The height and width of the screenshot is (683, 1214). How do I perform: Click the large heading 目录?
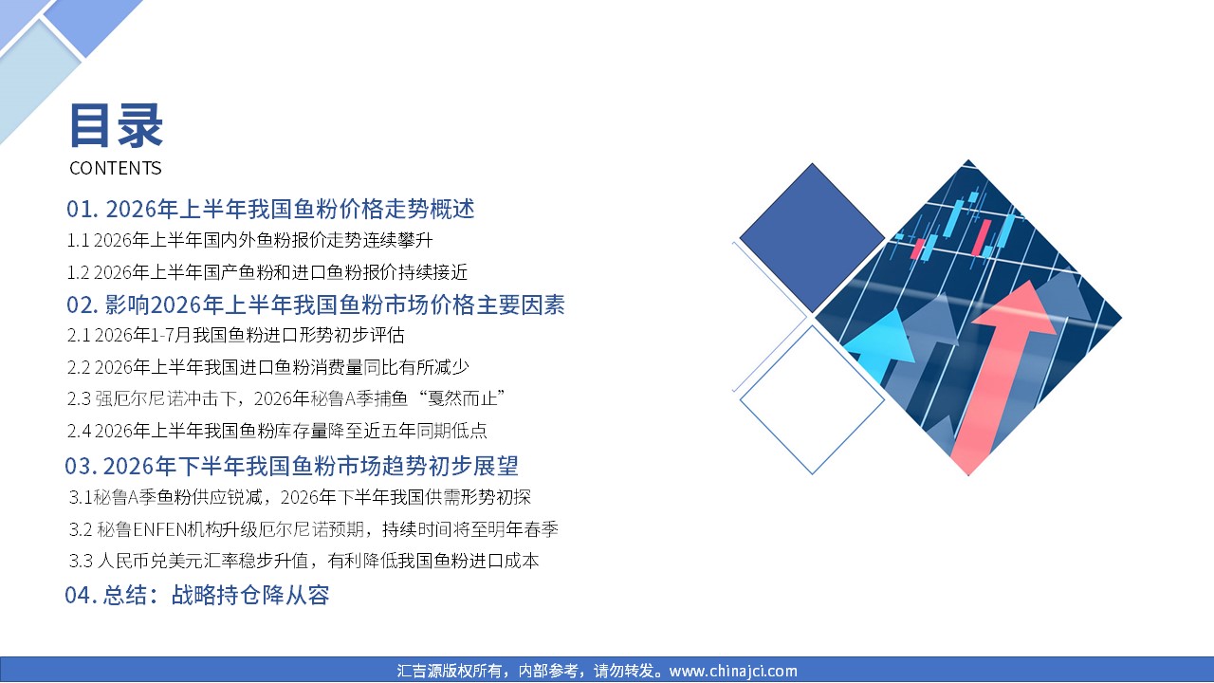[116, 126]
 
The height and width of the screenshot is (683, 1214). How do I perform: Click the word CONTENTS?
[116, 168]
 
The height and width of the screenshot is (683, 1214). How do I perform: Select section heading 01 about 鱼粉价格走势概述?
[270, 209]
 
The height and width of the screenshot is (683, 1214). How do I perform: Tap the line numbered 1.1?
[249, 240]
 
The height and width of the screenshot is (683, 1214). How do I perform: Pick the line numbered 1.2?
[267, 272]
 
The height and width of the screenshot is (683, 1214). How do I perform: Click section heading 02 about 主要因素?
[316, 305]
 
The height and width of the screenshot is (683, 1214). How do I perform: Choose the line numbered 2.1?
[236, 336]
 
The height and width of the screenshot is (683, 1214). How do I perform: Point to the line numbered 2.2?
[267, 367]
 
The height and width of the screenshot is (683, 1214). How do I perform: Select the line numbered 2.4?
[277, 431]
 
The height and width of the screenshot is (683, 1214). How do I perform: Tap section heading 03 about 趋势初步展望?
[291, 466]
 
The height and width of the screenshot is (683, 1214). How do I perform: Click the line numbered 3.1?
[300, 497]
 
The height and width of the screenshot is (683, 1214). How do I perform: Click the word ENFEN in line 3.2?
[158, 529]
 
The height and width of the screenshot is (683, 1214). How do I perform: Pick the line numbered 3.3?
[304, 561]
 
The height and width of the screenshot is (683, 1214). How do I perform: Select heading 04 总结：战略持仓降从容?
[196, 595]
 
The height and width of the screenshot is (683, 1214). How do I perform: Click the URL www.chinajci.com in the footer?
[733, 671]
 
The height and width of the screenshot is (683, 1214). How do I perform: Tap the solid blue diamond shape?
[812, 237]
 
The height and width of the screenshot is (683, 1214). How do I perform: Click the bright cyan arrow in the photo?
[881, 347]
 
